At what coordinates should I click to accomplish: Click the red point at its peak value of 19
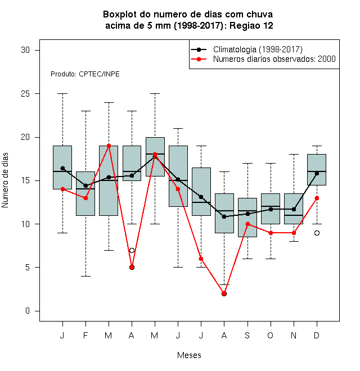[109, 146]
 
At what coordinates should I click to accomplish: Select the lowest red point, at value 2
[224, 293]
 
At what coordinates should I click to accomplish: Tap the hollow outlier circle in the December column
[317, 233]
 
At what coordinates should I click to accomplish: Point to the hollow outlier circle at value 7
[132, 250]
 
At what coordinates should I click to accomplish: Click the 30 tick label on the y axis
[25, 50]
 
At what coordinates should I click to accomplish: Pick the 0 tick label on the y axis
[28, 311]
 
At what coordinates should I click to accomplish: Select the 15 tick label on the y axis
[25, 180]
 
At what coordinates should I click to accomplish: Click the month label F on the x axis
[85, 335]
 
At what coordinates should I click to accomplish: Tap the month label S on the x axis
[247, 335]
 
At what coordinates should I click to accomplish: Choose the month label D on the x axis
[317, 335]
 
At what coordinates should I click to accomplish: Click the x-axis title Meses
[189, 355]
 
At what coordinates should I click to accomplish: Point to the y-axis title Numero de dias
[5, 180]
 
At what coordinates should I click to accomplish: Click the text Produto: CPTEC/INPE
[85, 74]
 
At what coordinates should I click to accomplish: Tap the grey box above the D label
[317, 170]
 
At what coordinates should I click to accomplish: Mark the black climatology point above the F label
[85, 185]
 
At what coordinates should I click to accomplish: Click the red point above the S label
[247, 224]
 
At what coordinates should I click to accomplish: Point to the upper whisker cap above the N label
[294, 154]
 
